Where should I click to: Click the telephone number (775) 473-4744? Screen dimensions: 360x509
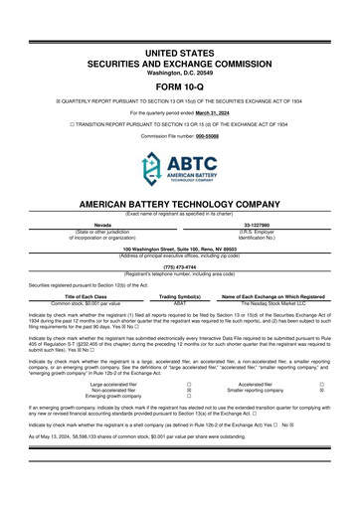[x=179, y=266]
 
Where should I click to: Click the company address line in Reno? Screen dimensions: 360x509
[x=179, y=248]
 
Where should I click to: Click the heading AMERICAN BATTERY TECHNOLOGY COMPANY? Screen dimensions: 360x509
[x=180, y=204]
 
